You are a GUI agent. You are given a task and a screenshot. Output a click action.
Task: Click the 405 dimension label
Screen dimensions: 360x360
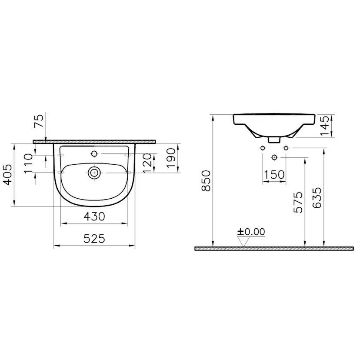(8, 174)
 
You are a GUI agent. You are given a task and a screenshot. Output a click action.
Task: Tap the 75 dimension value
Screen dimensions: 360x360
(39, 121)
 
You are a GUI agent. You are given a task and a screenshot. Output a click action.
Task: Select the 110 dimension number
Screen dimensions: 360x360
(28, 163)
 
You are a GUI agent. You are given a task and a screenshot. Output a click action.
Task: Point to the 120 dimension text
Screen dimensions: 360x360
(147, 163)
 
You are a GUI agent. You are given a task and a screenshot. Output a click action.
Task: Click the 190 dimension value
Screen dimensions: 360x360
(171, 158)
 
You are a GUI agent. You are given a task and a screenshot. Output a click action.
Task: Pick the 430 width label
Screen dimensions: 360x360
(94, 217)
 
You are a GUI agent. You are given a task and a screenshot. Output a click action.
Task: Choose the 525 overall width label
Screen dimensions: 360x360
(94, 239)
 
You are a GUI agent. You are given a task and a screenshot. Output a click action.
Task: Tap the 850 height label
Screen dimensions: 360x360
(206, 181)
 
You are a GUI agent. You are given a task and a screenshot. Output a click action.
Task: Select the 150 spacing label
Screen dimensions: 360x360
(274, 175)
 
